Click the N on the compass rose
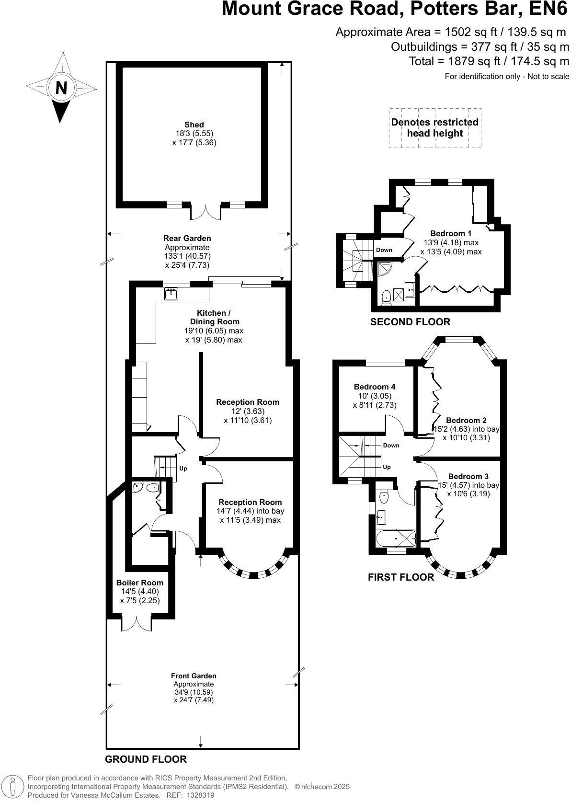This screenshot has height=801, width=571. pyautogui.click(x=61, y=88)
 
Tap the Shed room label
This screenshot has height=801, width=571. pyautogui.click(x=194, y=125)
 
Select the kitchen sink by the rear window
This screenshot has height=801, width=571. pyautogui.click(x=171, y=294)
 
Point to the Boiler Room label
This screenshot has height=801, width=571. pyautogui.click(x=140, y=583)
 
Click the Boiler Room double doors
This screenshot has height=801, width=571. pyautogui.click(x=137, y=623)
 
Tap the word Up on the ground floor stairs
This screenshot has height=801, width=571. pyautogui.click(x=183, y=468)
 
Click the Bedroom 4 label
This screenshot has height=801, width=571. pyautogui.click(x=375, y=387)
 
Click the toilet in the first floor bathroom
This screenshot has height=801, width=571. pyautogui.click(x=384, y=497)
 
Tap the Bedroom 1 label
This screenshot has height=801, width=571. pyautogui.click(x=451, y=233)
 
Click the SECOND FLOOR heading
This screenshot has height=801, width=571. pyautogui.click(x=410, y=322)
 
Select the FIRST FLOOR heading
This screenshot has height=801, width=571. pyautogui.click(x=401, y=577)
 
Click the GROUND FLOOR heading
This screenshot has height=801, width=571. pyautogui.click(x=146, y=759)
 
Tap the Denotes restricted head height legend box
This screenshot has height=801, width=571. pyautogui.click(x=434, y=127)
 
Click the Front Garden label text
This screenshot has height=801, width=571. pyautogui.click(x=194, y=676)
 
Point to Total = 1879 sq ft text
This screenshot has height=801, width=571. pyautogui.click(x=489, y=61)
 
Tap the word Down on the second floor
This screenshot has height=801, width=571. pyautogui.click(x=384, y=250)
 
